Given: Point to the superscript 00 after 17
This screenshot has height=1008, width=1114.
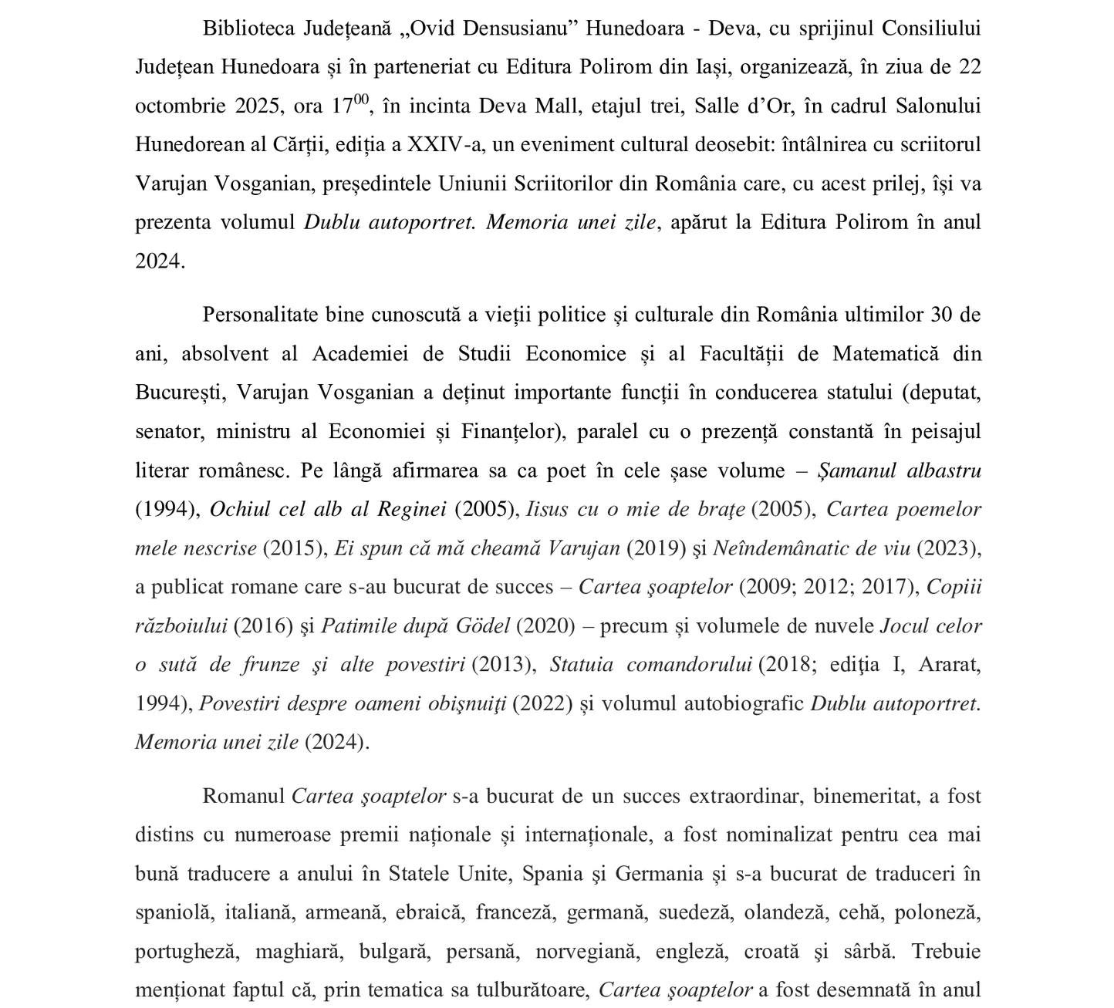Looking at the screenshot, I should point(361,98).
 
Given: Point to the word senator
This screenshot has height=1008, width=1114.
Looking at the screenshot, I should point(168,431).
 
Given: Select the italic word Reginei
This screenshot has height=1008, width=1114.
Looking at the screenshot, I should point(412,510).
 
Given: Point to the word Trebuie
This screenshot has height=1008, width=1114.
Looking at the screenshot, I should point(946,951).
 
